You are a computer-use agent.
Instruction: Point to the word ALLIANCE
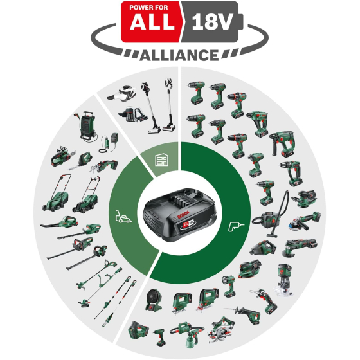click(180, 54)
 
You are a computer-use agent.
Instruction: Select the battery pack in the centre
click(180, 213)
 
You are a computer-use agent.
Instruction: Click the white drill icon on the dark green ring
click(233, 226)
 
